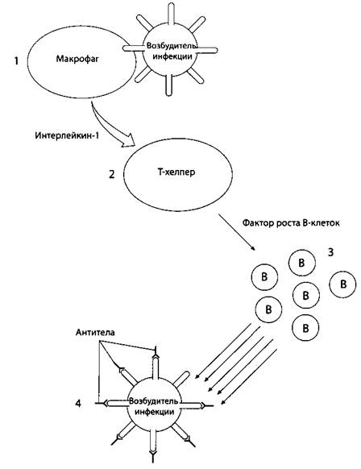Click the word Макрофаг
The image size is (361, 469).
pos(77,59)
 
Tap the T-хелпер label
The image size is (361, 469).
pos(176,172)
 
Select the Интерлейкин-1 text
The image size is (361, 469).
pos(67,135)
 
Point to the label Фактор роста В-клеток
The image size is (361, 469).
pos(291,223)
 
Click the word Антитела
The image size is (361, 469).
pos(95,332)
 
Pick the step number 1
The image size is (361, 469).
pos(16,61)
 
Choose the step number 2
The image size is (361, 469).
pos(111,174)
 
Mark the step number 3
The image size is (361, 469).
pos(330,252)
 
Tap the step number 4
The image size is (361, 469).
pos(78,403)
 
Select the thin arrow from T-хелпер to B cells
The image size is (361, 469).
pos(237,232)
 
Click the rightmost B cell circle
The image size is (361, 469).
pos(342,284)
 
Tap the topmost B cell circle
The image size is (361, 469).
pos(302,263)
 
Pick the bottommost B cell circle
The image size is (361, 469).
pos(305,328)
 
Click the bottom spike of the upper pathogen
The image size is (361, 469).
pos(169,85)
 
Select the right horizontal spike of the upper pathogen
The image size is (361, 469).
pos(207,50)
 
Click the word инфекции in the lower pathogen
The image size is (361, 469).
pos(155,412)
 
